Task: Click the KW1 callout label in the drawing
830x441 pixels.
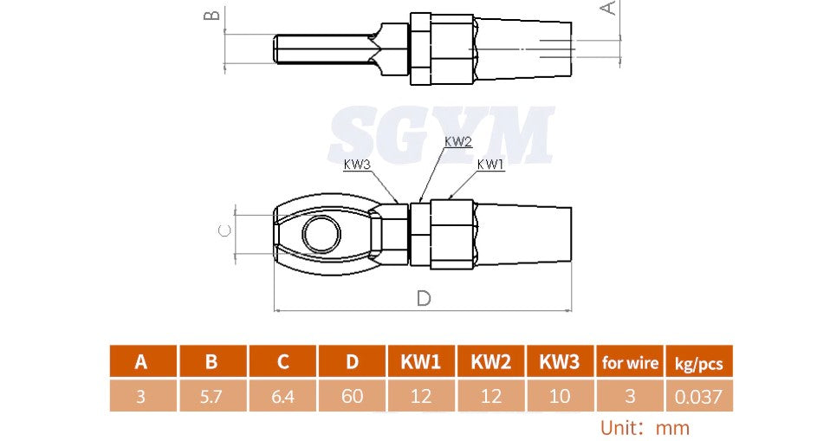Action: coord(490,165)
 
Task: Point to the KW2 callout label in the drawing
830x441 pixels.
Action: coord(457,141)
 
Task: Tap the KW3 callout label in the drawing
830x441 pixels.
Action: coord(358,165)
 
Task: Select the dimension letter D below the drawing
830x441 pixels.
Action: coord(424,298)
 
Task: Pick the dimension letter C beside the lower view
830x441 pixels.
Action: coord(224,230)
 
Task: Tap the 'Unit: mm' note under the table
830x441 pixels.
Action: coord(645,427)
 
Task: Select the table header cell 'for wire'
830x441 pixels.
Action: coord(630,362)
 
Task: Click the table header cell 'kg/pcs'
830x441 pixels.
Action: coord(698,362)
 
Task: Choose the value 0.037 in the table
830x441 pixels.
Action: coord(698,396)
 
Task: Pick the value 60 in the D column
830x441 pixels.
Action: coord(352,396)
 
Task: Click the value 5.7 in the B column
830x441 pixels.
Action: coord(212,396)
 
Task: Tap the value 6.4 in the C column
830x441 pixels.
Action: coord(282,396)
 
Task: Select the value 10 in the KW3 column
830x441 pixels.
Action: coord(560,396)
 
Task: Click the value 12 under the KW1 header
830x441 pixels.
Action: coord(421,396)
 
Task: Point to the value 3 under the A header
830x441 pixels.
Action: coord(141,396)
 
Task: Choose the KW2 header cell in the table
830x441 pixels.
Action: coord(490,362)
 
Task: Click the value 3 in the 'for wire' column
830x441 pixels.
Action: coord(630,396)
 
